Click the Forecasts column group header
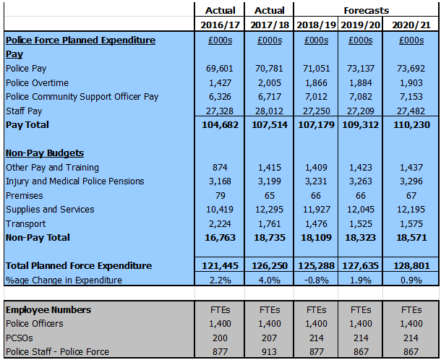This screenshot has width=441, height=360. point(367,10)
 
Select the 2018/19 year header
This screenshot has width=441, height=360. point(316,25)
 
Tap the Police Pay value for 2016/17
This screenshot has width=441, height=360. point(220,69)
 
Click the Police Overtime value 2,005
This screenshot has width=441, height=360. point(270,82)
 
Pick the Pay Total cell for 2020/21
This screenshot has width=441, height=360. point(411,124)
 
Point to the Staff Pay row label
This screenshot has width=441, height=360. point(24,111)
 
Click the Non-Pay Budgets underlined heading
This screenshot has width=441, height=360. point(45,153)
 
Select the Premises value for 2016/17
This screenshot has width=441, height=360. point(220,195)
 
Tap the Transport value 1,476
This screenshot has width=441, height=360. point(316,223)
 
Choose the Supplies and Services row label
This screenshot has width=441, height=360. point(50,210)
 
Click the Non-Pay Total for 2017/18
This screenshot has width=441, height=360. point(270,238)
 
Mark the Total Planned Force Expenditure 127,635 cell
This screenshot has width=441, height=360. point(360,266)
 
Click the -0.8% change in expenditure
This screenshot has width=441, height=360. point(316,280)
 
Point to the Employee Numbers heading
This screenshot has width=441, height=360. point(48,309)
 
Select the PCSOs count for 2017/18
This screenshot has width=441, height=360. point(270,338)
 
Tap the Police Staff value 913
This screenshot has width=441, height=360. point(270,352)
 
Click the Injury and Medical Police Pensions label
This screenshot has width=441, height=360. point(74,181)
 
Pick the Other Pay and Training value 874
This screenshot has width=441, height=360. point(220,167)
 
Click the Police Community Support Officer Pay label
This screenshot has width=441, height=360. point(82,97)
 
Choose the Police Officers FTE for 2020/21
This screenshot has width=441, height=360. point(411,324)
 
